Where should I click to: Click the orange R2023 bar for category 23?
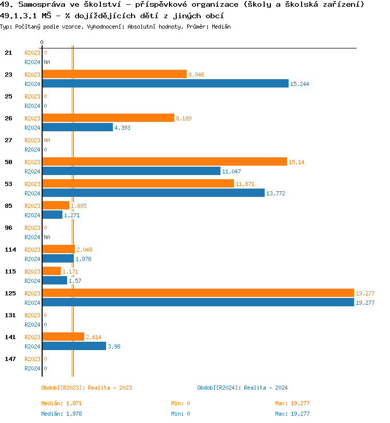click(114, 74)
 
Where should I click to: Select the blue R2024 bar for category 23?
click(165, 83)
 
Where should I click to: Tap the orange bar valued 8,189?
click(108, 118)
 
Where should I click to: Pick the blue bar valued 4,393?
click(77, 127)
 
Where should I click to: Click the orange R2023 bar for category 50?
click(164, 162)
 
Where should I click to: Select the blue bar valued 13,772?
click(153, 193)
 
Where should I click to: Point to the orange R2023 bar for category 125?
click(198, 293)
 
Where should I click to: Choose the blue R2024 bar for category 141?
click(74, 346)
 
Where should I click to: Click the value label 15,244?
click(300, 84)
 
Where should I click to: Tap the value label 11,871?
click(244, 184)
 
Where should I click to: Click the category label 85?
click(8, 206)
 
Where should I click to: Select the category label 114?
click(10, 250)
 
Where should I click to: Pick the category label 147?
click(10, 359)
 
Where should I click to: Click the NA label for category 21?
click(47, 62)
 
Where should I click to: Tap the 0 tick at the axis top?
click(42, 42)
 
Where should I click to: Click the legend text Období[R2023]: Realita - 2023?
click(86, 388)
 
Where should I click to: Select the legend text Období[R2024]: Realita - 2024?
click(242, 388)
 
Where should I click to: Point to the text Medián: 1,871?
click(61, 403)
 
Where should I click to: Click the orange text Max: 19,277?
click(292, 403)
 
